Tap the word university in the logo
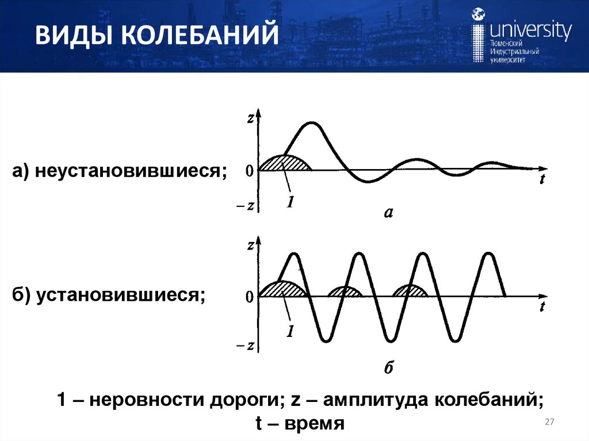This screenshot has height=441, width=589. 529,29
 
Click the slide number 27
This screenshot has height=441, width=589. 549,423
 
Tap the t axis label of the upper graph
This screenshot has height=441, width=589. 542,179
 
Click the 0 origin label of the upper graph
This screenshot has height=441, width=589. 249,170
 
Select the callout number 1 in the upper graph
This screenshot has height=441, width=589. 291,202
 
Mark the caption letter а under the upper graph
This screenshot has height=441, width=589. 388,213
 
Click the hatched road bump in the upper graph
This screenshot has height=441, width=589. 285,164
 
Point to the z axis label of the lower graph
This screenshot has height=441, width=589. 250,245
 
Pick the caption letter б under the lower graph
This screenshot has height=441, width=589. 388,367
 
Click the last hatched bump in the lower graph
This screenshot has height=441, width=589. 410,291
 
